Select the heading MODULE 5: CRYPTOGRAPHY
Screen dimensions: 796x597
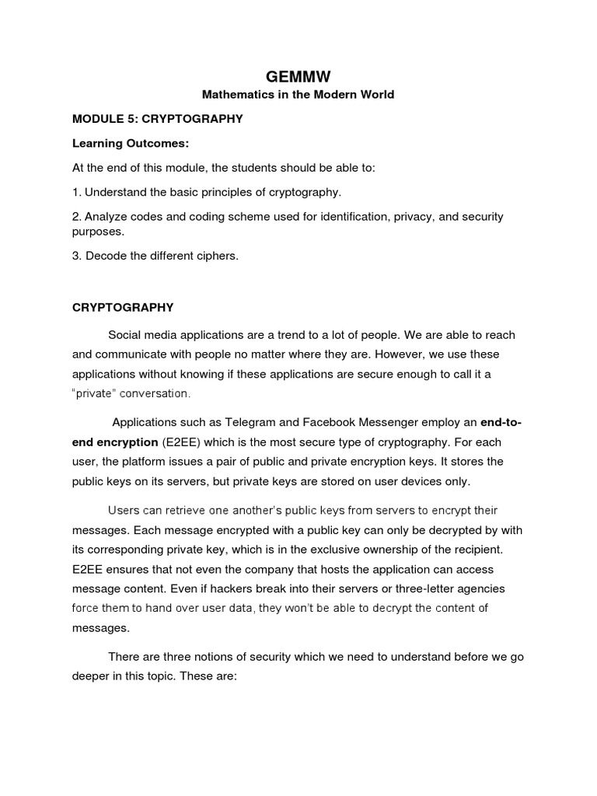[158, 119]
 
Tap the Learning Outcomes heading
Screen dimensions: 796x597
[131, 144]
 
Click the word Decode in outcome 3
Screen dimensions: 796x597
[103, 256]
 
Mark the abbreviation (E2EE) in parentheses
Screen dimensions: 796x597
[179, 442]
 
